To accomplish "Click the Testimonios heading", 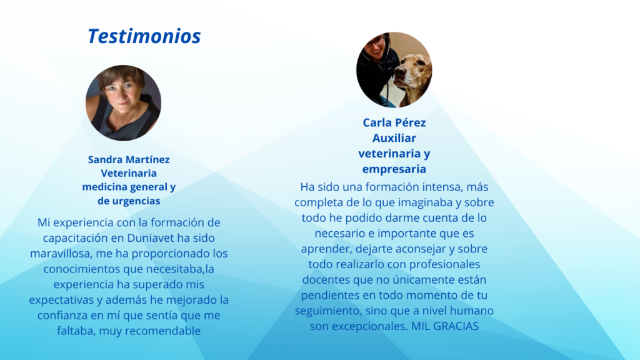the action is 144,36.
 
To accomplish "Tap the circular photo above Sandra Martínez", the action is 123,103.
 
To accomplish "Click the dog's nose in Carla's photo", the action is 400,74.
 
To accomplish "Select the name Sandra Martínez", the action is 129,159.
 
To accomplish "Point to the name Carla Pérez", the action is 394,122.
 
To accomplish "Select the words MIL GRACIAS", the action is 445,326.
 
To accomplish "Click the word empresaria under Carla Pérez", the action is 394,169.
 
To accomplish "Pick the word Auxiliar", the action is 394,138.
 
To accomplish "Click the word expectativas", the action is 61,300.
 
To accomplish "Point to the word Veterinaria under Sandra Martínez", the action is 129,173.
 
